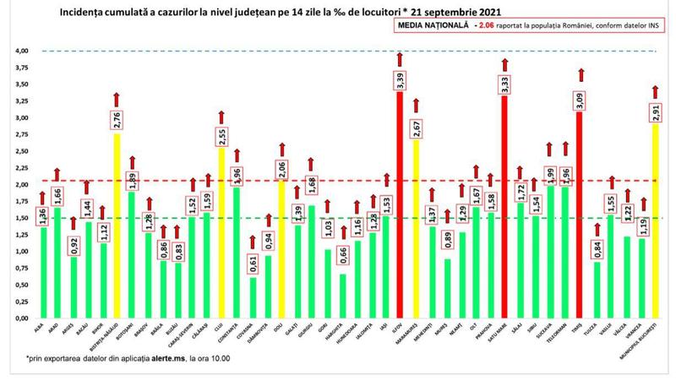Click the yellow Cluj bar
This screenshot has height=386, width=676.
tap(221, 233)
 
